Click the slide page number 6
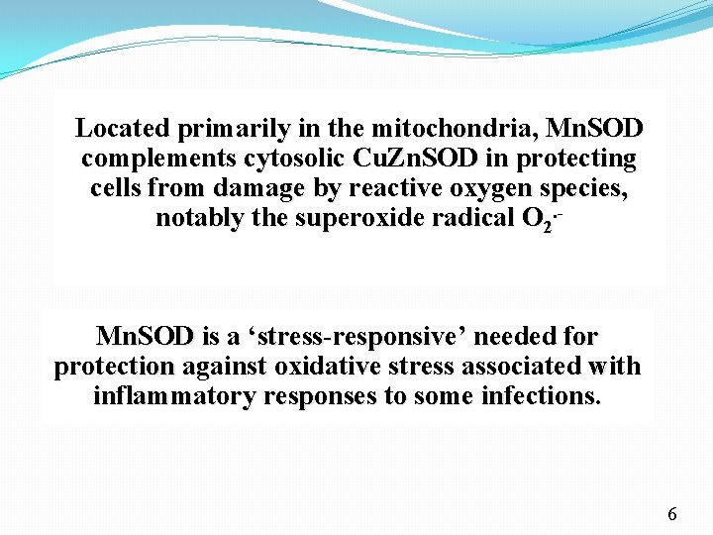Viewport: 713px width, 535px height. coord(672,514)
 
